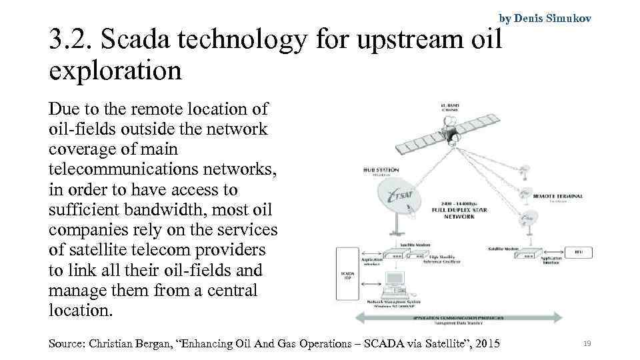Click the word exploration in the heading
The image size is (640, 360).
115,70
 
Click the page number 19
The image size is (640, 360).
587,343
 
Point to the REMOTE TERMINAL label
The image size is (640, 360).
559,196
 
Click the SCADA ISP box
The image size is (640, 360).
347,274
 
